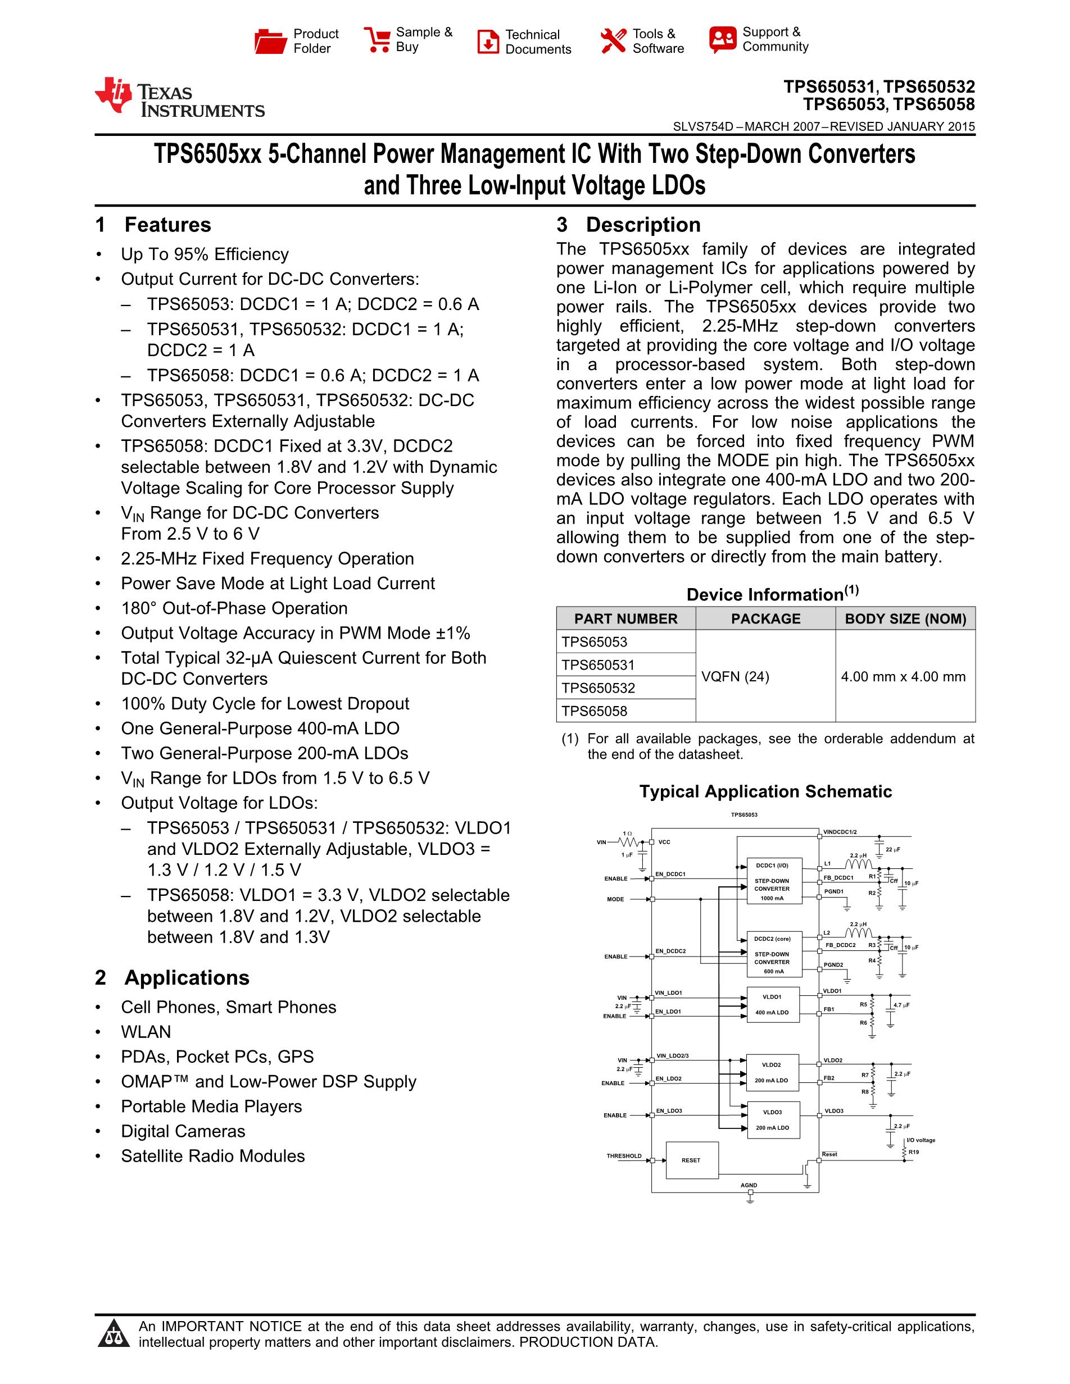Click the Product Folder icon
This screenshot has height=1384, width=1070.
coord(270,41)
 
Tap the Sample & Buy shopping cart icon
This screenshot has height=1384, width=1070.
coord(377,39)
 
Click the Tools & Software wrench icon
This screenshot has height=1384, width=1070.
coord(613,40)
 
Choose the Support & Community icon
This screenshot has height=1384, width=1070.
coord(723,39)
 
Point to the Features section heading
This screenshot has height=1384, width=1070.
coord(167,225)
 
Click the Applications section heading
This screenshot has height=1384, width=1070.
coord(187,978)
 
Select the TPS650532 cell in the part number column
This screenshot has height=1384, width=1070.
coord(598,688)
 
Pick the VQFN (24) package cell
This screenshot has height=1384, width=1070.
coord(735,677)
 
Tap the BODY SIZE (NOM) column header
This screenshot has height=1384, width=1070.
coord(905,618)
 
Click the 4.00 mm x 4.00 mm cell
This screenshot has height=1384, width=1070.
coord(903,677)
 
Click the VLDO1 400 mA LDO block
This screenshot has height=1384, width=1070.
coord(772,1005)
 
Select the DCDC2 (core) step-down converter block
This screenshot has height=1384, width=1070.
coord(772,954)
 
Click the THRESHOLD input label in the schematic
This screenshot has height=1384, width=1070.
coord(624,1156)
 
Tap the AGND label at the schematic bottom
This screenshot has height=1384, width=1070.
coord(749,1185)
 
